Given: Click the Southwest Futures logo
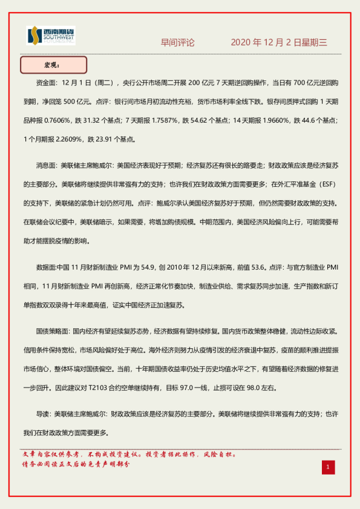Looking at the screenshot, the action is click(x=50, y=36).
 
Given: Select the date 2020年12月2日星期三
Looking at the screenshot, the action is click(x=279, y=42).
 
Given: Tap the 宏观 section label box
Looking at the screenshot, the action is click(x=54, y=64).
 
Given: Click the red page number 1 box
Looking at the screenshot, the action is click(x=328, y=467).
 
